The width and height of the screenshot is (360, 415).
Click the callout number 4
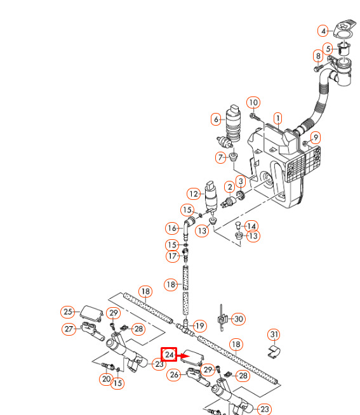coord(323,31)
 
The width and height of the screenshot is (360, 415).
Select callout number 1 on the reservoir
coord(277,118)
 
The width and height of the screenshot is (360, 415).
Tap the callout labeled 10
coord(253,102)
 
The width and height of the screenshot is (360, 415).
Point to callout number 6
coord(216,119)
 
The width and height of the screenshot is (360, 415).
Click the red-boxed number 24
coord(169,354)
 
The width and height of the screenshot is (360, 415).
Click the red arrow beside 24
coord(183,355)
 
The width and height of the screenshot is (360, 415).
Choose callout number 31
coord(274,334)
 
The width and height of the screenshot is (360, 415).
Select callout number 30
coord(238,319)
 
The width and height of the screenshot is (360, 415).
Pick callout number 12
coord(194,194)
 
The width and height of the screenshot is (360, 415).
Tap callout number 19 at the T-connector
coord(199,326)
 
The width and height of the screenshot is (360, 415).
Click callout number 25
coord(67,312)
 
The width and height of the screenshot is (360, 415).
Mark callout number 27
coord(69,329)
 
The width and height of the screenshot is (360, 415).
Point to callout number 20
coord(106,379)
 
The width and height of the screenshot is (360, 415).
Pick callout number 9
coord(316,138)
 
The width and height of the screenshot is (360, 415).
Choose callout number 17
coord(173,256)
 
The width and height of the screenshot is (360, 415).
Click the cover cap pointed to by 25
coord(91,313)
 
